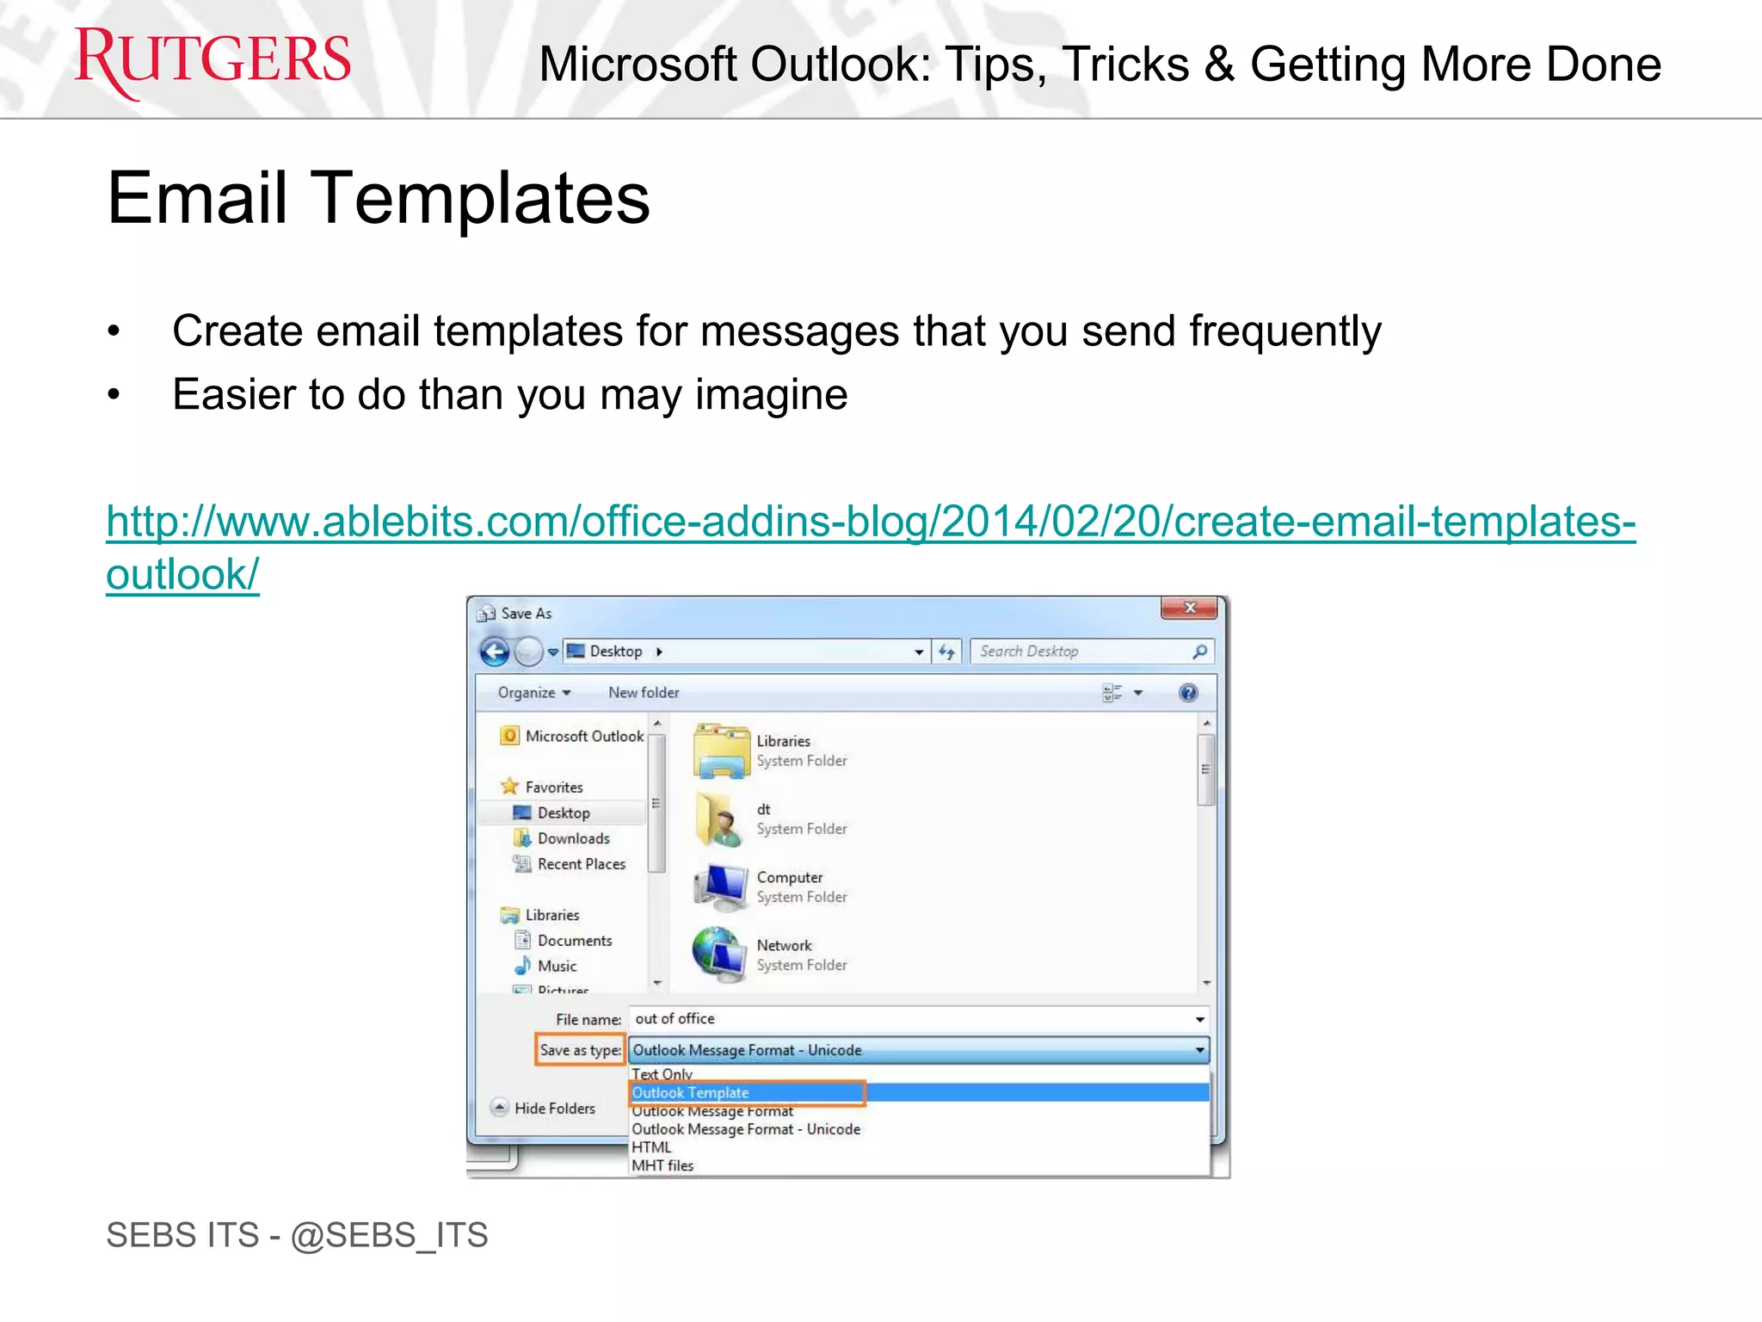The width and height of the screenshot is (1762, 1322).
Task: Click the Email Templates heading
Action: [379, 198]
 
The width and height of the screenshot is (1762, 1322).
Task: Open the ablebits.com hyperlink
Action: [870, 522]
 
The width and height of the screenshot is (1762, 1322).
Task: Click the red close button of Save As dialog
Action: [1189, 608]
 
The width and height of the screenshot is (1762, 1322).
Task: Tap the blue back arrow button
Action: [495, 652]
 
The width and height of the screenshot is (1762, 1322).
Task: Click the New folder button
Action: [644, 693]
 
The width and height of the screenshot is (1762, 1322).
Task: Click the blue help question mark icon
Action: [1188, 693]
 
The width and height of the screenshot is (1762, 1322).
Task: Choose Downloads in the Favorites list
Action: [573, 838]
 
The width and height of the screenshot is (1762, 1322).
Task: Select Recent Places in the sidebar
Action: [581, 864]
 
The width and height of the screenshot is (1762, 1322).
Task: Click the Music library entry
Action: [557, 967]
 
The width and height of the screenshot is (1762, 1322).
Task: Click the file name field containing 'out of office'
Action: [912, 1019]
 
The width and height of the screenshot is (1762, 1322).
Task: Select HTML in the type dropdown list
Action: [651, 1147]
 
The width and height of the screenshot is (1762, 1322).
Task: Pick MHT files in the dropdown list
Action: [662, 1165]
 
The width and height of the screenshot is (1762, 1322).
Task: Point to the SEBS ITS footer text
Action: [297, 1235]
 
